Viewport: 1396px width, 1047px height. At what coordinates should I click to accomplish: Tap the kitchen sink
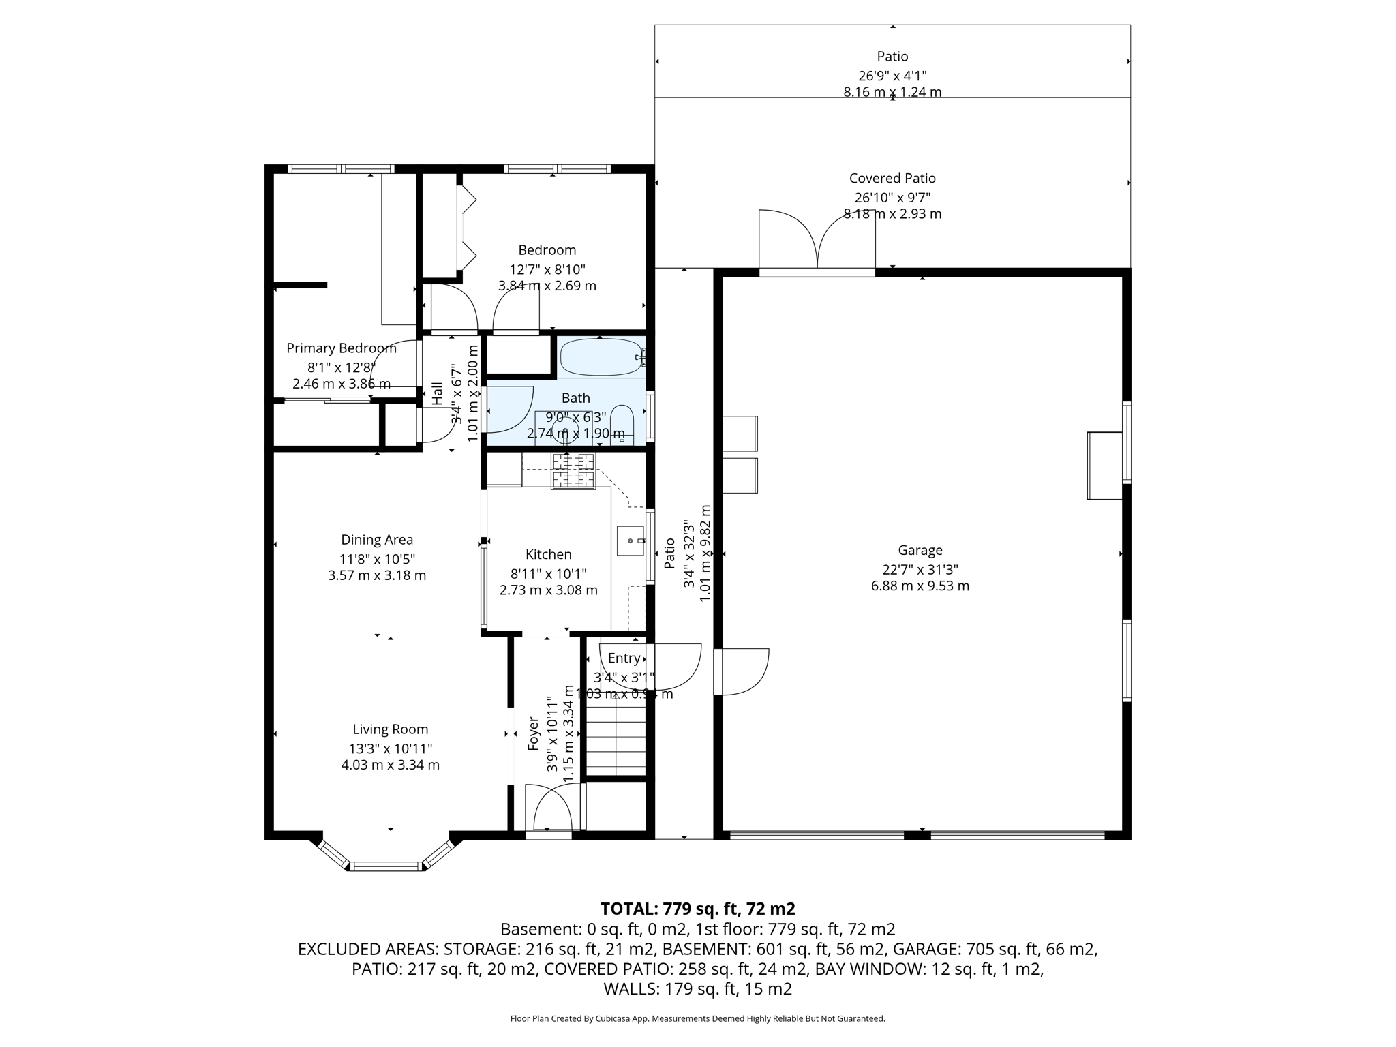tap(630, 541)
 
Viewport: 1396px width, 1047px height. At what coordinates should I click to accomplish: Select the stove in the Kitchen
tap(573, 471)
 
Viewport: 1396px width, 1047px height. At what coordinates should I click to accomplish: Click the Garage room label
tap(920, 550)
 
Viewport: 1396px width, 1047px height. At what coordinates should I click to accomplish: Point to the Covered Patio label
tap(892, 179)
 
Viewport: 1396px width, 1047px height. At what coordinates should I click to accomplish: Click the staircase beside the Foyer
tap(616, 740)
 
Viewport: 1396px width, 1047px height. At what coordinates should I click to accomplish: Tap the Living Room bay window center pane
tap(386, 866)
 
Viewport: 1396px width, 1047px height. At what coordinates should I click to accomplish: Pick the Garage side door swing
tap(743, 671)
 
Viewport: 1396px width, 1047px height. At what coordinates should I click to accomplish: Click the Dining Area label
tap(377, 540)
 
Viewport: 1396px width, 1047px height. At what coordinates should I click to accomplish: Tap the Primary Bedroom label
tap(341, 348)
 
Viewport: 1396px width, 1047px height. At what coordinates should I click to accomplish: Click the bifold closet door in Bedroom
tap(466, 228)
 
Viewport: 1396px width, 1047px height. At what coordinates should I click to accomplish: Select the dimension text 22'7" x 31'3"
tap(920, 569)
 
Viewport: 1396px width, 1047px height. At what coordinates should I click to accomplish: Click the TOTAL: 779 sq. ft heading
tap(697, 909)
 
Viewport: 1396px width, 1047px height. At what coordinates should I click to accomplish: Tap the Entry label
tap(624, 658)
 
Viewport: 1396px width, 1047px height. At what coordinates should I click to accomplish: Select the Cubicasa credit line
tap(697, 1019)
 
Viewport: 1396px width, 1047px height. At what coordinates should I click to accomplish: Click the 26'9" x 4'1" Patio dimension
tap(892, 76)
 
